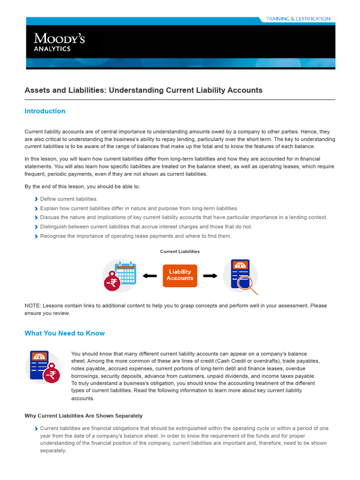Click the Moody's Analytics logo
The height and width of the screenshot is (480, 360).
(x=59, y=42)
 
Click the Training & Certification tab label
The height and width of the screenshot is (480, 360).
(x=298, y=19)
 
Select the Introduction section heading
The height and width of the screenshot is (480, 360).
(x=45, y=111)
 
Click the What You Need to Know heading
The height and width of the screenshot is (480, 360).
(x=65, y=333)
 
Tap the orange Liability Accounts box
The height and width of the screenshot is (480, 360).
(x=180, y=275)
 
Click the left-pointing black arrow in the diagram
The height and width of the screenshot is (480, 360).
(x=150, y=276)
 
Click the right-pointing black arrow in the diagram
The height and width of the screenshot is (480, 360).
(x=210, y=276)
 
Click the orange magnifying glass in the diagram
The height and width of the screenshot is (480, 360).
(x=245, y=284)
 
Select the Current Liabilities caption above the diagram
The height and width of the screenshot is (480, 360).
(x=180, y=252)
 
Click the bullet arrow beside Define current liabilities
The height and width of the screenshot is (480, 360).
(x=36, y=199)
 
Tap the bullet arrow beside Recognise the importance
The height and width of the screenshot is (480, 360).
(x=36, y=236)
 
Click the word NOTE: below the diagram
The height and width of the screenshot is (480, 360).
(x=32, y=306)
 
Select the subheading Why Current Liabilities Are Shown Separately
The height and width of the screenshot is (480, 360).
(x=83, y=416)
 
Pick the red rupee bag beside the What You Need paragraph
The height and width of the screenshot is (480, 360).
(x=52, y=375)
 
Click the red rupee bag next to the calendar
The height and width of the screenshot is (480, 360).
(x=112, y=282)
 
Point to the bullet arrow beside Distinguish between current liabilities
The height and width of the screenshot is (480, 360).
(x=36, y=227)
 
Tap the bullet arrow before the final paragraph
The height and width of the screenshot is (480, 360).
(x=36, y=428)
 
